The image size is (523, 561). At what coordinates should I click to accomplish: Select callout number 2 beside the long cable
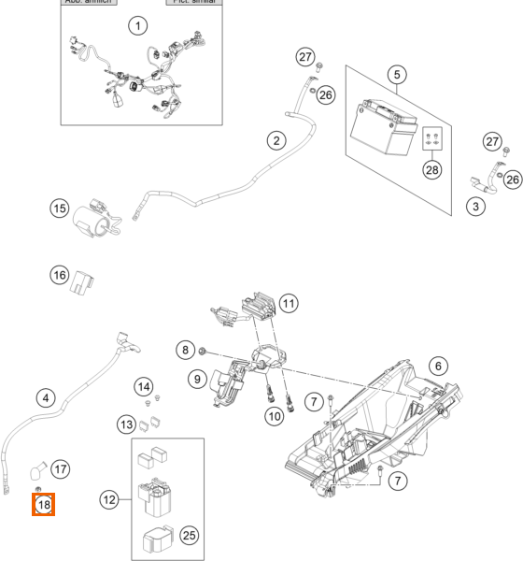point(276,141)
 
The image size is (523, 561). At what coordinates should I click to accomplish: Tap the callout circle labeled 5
point(397,74)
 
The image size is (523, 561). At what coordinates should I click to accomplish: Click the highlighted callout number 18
point(44,506)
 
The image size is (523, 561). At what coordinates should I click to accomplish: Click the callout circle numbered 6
point(438,365)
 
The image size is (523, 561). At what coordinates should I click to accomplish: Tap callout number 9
point(197,380)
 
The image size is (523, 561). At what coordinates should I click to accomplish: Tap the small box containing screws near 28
point(432,137)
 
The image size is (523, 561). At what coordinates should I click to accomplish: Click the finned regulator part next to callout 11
point(258,307)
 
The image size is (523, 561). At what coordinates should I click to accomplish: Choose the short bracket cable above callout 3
point(486,173)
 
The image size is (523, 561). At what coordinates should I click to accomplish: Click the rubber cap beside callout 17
point(42,466)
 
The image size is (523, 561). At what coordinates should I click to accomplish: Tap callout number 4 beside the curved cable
point(44,397)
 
